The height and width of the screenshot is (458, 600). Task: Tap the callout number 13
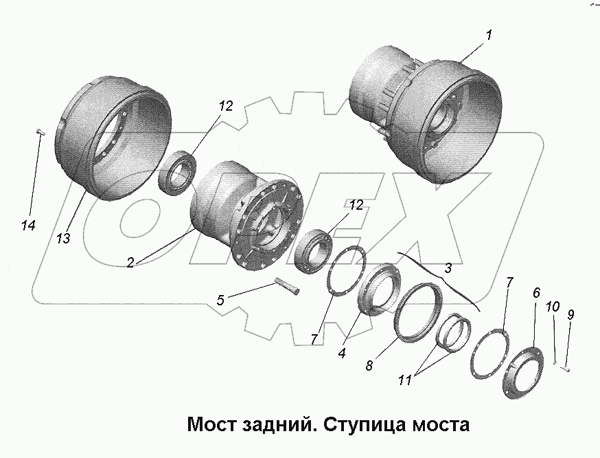[63, 239]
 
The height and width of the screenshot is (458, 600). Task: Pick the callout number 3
[447, 267]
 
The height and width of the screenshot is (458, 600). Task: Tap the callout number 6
[536, 294]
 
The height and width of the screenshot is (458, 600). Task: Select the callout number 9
[570, 315]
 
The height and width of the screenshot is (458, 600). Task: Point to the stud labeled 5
[288, 285]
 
